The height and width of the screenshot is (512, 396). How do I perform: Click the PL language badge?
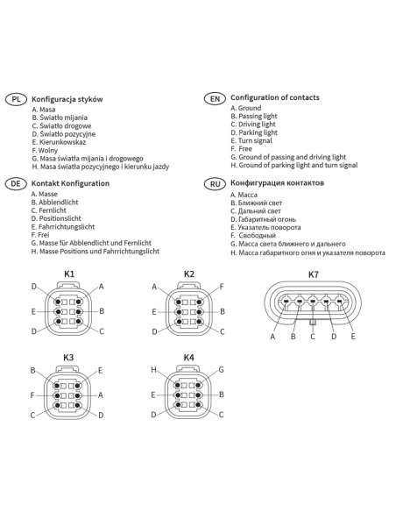tap(16, 99)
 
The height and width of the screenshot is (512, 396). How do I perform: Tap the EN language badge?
tap(215, 98)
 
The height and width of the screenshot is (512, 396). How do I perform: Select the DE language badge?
tap(16, 183)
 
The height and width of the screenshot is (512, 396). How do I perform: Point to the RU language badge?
tap(215, 184)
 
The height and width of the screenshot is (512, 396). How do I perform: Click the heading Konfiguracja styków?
tap(67, 99)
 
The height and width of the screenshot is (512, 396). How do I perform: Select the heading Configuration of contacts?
tap(275, 97)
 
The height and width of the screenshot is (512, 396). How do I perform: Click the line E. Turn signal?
tap(251, 141)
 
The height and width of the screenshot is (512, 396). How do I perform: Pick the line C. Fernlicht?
tap(48, 210)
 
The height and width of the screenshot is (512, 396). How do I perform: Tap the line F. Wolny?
tap(45, 151)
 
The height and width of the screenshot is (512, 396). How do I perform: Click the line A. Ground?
tap(246, 108)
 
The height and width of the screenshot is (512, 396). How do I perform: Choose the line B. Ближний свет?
tap(257, 203)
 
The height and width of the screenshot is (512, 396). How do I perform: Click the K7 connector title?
tap(313, 274)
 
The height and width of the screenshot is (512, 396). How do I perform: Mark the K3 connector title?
tap(68, 358)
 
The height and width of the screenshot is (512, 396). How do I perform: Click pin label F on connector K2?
tap(222, 287)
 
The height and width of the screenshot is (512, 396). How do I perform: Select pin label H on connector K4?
tap(153, 370)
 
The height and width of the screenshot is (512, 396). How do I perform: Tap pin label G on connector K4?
tap(221, 370)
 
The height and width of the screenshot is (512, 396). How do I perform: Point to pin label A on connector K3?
tap(101, 395)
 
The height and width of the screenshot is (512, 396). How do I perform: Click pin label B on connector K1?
tap(102, 311)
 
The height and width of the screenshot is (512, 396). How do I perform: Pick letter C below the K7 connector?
tap(313, 337)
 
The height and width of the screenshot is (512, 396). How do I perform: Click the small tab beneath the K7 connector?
tap(313, 323)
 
